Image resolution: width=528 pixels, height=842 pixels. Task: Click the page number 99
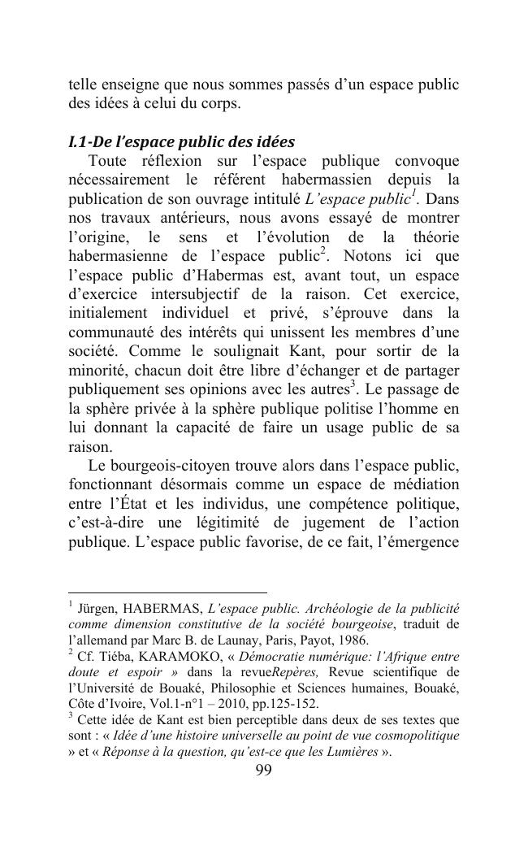(x=263, y=770)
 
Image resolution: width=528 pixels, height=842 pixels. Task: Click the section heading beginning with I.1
(x=181, y=143)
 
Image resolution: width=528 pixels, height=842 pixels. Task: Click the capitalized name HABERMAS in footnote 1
(x=161, y=608)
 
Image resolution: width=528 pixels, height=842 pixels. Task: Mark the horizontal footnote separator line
(x=167, y=592)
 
